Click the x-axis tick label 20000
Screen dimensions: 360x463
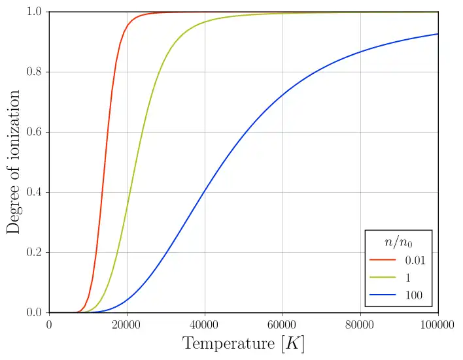tap(127, 325)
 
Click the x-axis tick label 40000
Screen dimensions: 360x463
tap(205, 325)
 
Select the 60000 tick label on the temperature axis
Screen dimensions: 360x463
tap(283, 325)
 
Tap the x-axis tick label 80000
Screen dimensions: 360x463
tap(360, 325)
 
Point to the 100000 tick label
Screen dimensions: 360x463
tap(437, 325)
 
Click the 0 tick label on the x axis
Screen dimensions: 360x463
tap(49, 325)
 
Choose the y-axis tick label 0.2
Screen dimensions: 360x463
tap(35, 253)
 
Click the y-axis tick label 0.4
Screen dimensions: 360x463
tap(35, 193)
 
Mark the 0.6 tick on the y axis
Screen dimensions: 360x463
tap(35, 133)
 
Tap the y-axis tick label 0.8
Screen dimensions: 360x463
tap(35, 73)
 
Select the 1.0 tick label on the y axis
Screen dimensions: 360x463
tap(35, 12)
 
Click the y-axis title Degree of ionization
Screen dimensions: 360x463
tap(14, 162)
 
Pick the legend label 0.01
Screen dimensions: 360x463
tap(414, 260)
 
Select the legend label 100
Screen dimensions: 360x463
tap(413, 295)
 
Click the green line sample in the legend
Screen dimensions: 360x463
tap(383, 278)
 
